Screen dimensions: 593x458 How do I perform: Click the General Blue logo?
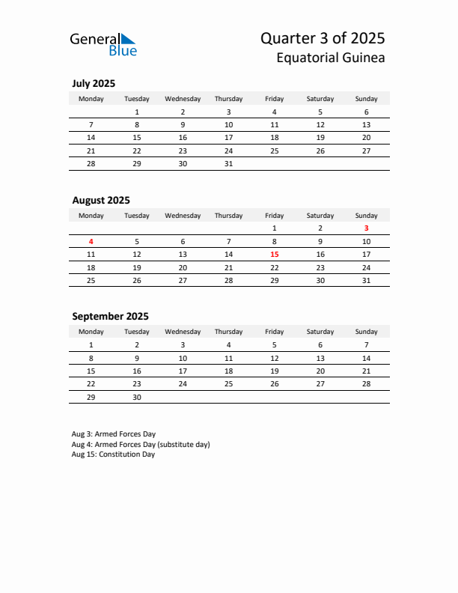click(x=103, y=44)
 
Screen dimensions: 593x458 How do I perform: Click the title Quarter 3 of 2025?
click(x=323, y=38)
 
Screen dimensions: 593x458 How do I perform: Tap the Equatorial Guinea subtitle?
click(x=331, y=58)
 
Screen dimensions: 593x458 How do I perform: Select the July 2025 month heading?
click(x=94, y=83)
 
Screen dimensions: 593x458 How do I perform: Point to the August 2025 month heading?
click(x=101, y=200)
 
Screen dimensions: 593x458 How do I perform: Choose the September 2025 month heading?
click(x=110, y=316)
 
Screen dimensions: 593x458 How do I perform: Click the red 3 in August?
click(x=366, y=228)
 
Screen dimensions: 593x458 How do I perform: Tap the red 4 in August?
click(x=91, y=242)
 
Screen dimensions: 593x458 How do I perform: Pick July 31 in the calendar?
click(x=228, y=163)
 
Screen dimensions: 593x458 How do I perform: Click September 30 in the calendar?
click(x=137, y=398)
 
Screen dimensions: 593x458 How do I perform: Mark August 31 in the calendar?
click(x=366, y=280)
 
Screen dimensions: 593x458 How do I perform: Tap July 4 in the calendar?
click(x=274, y=112)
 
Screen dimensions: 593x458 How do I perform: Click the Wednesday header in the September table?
click(x=183, y=331)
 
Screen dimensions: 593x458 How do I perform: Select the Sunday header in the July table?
click(x=366, y=98)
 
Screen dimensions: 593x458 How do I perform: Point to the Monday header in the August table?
click(x=91, y=215)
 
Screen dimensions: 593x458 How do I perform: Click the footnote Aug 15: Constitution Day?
click(x=113, y=454)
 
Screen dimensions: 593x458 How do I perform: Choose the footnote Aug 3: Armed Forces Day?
click(x=114, y=434)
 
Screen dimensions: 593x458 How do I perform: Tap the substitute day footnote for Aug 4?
click(x=141, y=444)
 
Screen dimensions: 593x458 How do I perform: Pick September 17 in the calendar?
click(x=183, y=371)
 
